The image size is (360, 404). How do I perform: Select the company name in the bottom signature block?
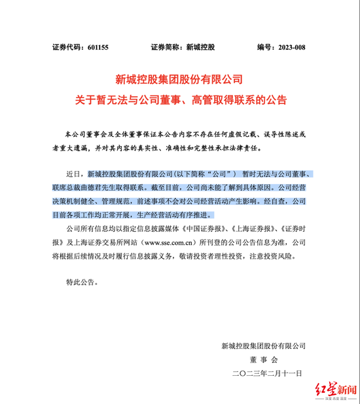264,345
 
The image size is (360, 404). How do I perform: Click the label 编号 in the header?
264,47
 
